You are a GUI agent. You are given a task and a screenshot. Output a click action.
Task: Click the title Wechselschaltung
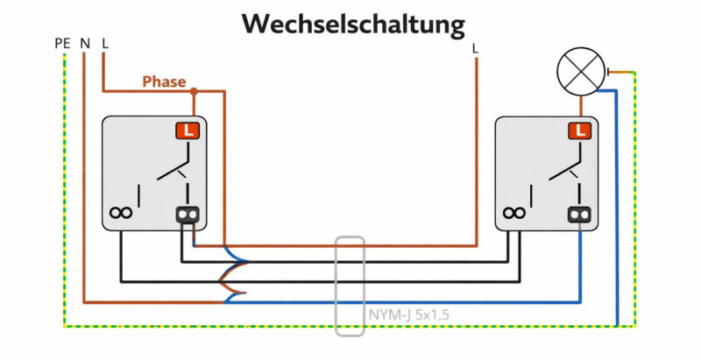coord(353,25)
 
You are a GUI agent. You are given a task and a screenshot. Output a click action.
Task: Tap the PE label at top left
coord(62,43)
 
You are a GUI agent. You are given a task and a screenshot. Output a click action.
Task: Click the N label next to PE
coord(85,43)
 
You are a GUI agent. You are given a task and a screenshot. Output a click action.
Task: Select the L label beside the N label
coord(106,43)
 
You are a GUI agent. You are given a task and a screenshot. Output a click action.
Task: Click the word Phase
coord(164,81)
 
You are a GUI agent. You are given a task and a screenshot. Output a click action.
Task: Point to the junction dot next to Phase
coord(194,89)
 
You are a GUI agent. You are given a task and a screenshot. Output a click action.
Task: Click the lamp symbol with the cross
coord(581,71)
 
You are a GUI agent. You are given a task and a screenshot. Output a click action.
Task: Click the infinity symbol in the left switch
coord(120,213)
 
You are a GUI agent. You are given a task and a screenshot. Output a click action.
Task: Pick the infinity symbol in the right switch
coord(513,213)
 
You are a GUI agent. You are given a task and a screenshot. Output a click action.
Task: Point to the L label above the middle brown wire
coord(476,49)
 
